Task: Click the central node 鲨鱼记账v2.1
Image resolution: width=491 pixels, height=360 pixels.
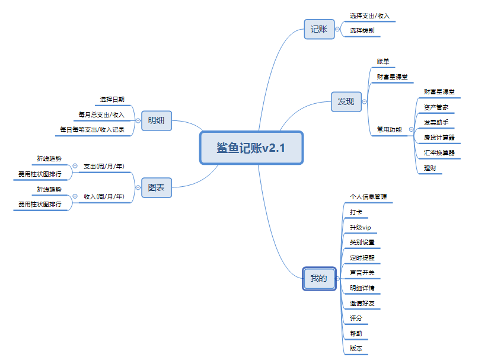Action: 251,148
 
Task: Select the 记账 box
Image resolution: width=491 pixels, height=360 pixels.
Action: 319,29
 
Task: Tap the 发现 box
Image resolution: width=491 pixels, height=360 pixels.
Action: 346,101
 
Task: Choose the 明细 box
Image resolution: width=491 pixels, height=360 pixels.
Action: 157,120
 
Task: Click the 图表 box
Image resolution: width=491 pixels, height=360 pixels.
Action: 157,187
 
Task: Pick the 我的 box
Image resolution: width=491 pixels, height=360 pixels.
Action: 319,278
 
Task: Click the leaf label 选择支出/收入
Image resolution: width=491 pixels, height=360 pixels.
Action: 369,15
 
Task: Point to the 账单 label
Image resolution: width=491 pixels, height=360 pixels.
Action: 383,62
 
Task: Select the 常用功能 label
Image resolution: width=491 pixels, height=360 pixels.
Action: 389,129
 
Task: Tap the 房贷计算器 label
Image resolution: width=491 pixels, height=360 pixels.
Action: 439,137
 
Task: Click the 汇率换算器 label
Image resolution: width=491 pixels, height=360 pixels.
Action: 439,152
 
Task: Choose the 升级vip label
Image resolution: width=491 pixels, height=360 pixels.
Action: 360,227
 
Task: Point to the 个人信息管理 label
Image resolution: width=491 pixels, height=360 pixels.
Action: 368,196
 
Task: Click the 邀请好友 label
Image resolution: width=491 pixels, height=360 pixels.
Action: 362,303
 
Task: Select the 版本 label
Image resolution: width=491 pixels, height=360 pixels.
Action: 356,348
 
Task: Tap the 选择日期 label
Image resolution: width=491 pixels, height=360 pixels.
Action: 112,99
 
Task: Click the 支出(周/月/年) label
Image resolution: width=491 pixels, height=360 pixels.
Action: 104,166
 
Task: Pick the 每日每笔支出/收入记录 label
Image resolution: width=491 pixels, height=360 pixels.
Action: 93,129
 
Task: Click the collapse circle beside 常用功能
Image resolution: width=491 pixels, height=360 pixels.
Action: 411,129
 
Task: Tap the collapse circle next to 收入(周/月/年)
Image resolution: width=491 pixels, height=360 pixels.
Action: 75,196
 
